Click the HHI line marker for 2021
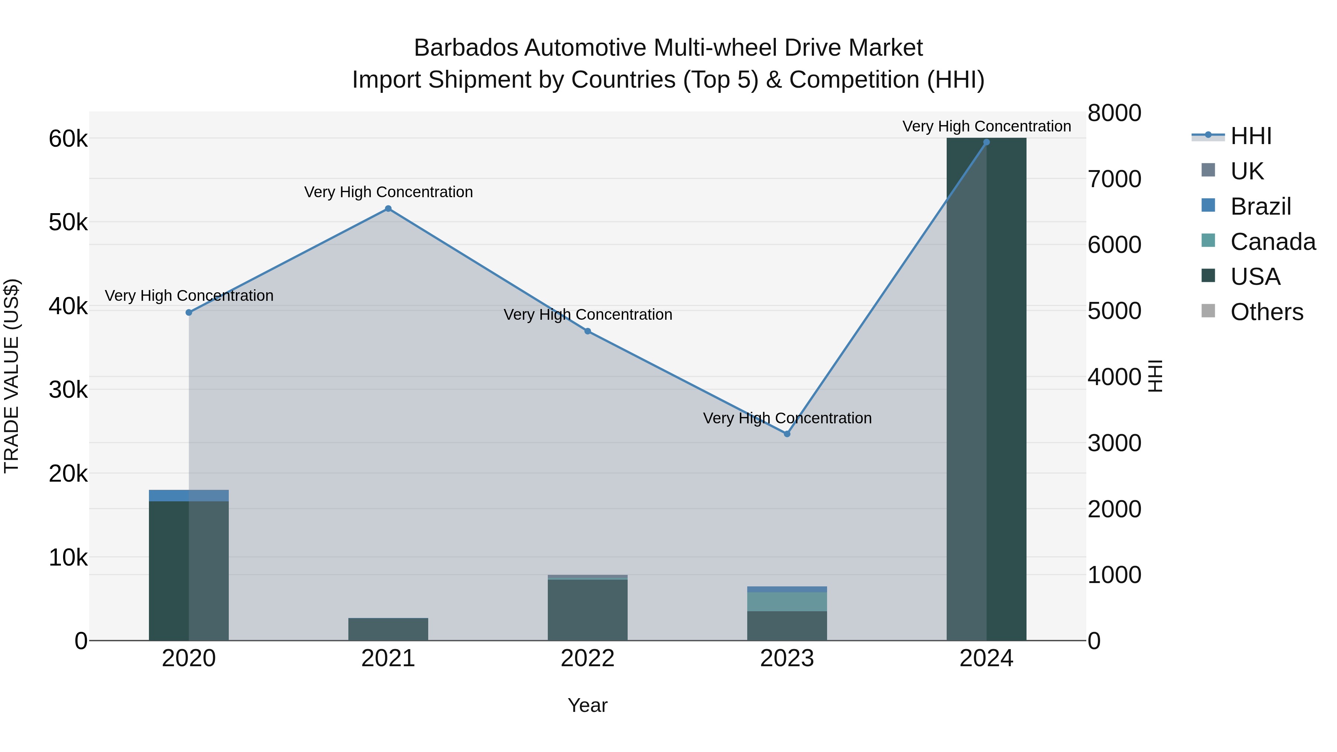(x=388, y=209)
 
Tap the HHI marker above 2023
(x=787, y=434)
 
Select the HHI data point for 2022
(x=588, y=331)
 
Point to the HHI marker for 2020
(x=189, y=312)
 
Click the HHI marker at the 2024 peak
(x=987, y=142)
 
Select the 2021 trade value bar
(x=388, y=629)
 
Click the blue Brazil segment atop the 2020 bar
(x=189, y=496)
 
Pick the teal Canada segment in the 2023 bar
(x=787, y=602)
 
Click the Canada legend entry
(x=1273, y=241)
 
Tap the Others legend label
(x=1266, y=312)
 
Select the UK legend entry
(x=1247, y=171)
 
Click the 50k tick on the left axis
(x=68, y=223)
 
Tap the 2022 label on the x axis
(x=588, y=658)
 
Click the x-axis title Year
(x=588, y=705)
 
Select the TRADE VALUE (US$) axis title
(x=12, y=376)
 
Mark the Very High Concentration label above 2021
(x=388, y=192)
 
